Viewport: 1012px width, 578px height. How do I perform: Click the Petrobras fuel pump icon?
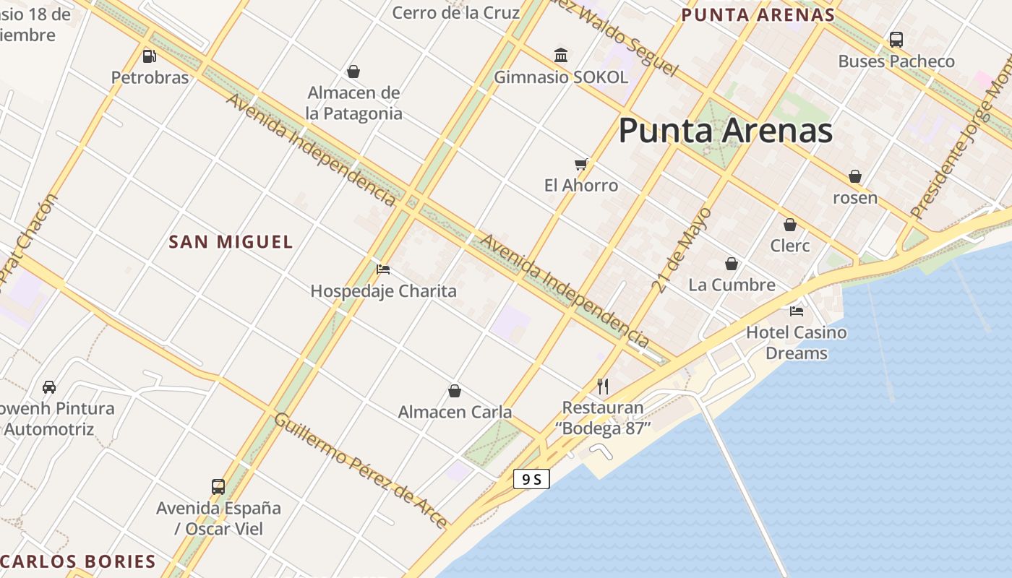[x=150, y=55]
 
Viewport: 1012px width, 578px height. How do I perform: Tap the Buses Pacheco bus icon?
[x=896, y=40]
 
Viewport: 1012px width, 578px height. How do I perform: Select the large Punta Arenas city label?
[x=725, y=131]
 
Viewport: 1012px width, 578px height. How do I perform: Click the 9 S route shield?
[x=532, y=478]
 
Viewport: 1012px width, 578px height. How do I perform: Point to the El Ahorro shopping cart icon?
[x=581, y=164]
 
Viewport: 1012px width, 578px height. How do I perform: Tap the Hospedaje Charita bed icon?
[x=383, y=269]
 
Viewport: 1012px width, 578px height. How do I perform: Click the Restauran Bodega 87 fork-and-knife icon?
[x=603, y=386]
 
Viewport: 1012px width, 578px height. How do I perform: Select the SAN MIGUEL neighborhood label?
[x=231, y=242]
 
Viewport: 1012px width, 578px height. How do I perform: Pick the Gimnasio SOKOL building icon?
[x=561, y=55]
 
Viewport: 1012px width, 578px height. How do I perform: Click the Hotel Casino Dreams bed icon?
[x=797, y=311]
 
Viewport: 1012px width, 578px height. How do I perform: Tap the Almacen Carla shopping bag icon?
[x=455, y=391]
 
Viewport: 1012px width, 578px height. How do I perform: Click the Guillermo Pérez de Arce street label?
[x=360, y=470]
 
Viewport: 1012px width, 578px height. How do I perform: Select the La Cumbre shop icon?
[x=732, y=264]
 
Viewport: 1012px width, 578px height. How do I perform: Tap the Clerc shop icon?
[x=790, y=225]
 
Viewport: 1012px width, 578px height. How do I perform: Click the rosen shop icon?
[x=855, y=176]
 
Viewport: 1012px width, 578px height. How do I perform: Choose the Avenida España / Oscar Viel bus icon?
[x=218, y=486]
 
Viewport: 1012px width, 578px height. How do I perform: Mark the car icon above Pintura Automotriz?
[x=49, y=387]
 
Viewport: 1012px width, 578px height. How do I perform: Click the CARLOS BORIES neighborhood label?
[x=78, y=561]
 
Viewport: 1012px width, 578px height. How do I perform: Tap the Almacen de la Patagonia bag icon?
[x=353, y=72]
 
